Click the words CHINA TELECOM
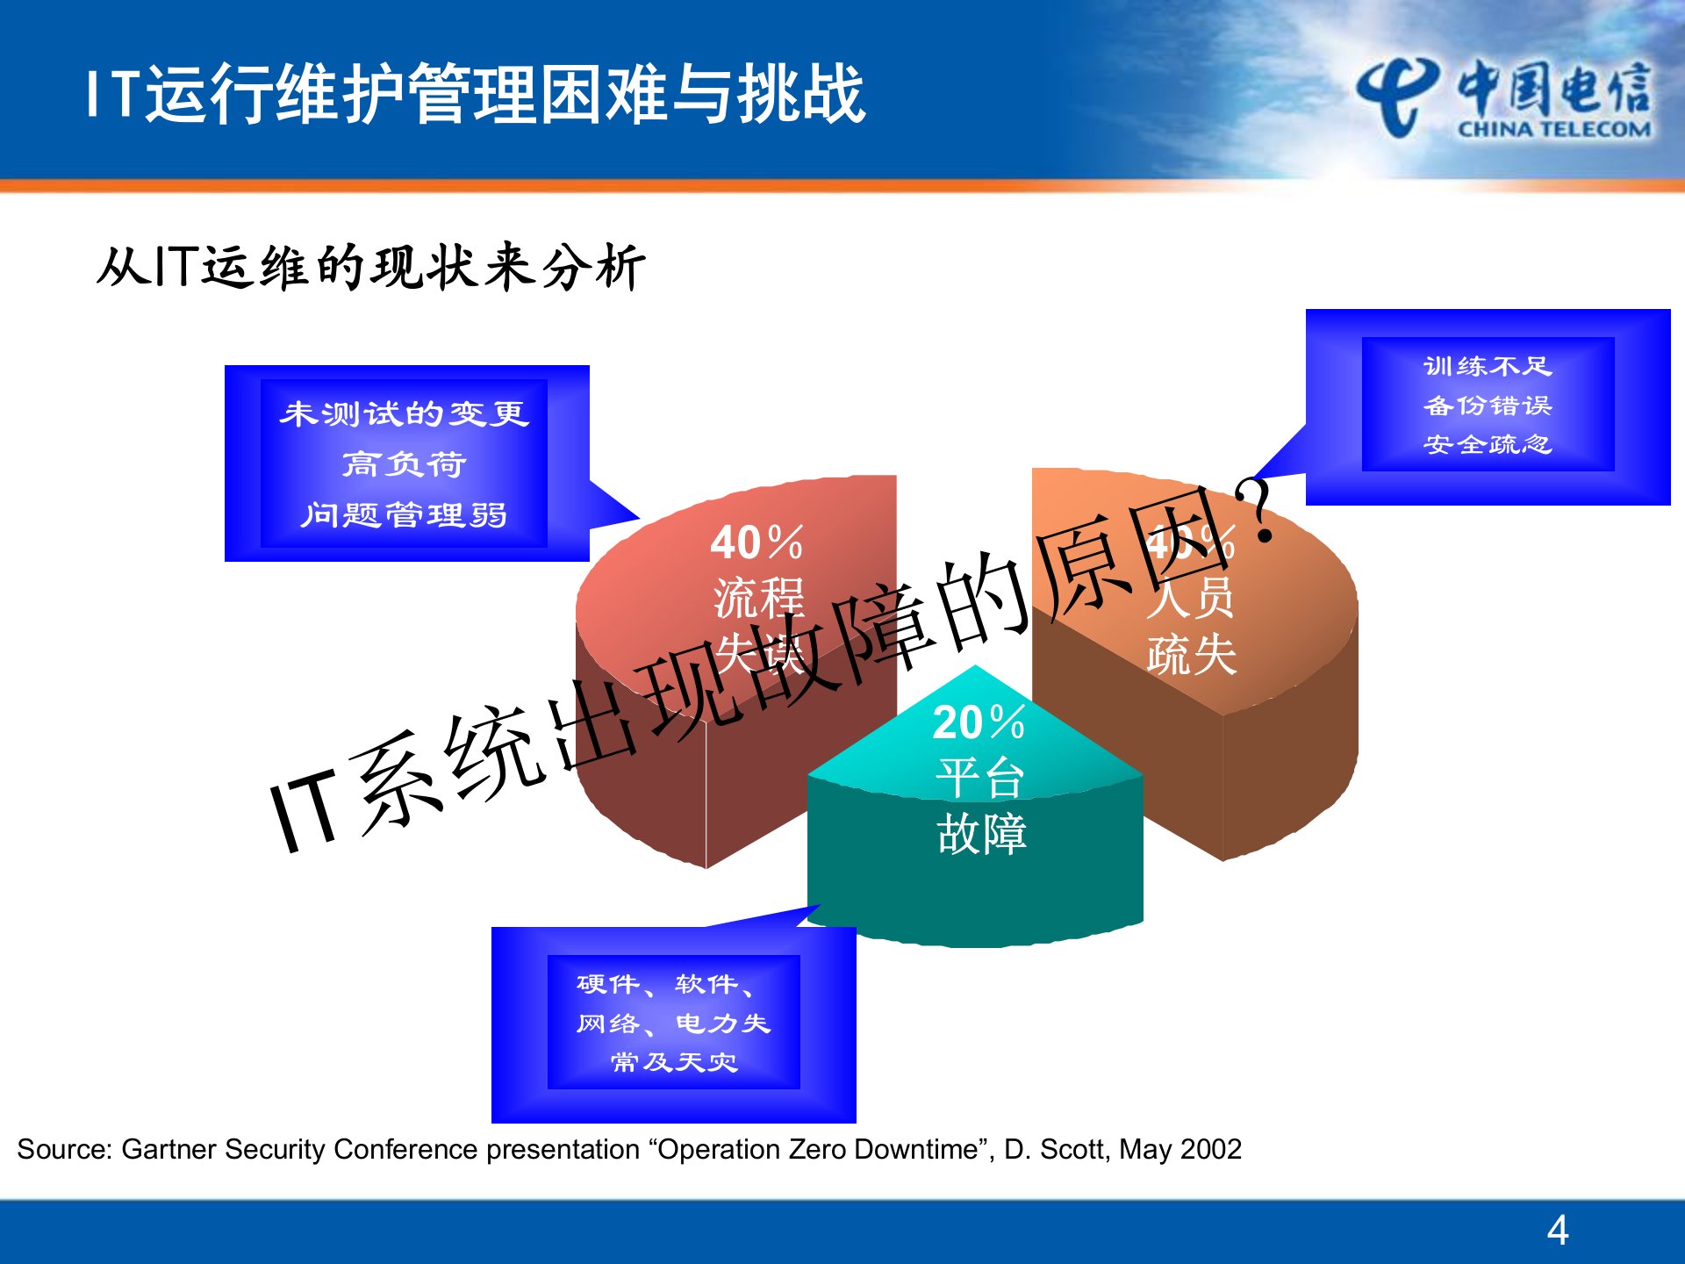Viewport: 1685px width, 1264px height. click(x=1554, y=130)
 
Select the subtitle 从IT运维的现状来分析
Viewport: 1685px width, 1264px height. click(x=370, y=267)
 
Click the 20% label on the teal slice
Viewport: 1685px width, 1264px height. click(x=979, y=722)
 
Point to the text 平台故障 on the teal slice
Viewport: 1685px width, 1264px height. click(x=980, y=806)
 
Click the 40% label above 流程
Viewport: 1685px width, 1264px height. click(x=756, y=542)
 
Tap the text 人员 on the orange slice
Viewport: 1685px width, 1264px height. click(x=1190, y=599)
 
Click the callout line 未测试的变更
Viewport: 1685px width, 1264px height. click(x=404, y=413)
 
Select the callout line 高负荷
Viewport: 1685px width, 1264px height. click(x=404, y=463)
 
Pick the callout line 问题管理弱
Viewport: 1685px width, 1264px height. click(x=404, y=514)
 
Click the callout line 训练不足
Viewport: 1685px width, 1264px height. click(x=1488, y=366)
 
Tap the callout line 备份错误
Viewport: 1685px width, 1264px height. click(x=1488, y=406)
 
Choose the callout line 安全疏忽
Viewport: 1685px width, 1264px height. click(x=1488, y=444)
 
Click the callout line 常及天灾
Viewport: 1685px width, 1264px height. click(x=674, y=1062)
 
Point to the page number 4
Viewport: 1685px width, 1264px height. click(x=1558, y=1230)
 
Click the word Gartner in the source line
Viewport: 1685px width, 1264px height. click(x=170, y=1149)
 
